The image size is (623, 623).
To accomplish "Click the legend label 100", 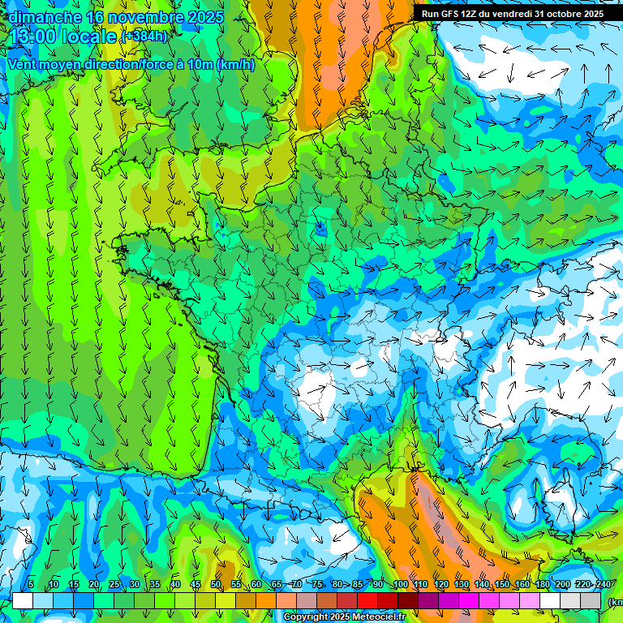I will (400, 585).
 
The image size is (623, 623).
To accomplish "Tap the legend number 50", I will (216, 585).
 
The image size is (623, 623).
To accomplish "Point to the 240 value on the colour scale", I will (603, 585).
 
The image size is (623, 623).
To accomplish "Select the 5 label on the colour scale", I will (31, 585).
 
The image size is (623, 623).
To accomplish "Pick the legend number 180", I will (542, 585).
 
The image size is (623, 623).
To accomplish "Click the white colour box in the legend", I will (23, 600).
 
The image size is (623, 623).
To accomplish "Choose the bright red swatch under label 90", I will (367, 600).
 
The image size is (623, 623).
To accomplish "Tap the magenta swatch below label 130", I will (469, 600).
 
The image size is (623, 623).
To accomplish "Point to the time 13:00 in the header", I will (32, 37).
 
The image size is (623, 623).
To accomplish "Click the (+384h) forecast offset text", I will (144, 37).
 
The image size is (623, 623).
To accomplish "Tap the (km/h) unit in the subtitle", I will (236, 65).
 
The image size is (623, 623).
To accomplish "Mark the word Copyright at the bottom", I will (307, 617).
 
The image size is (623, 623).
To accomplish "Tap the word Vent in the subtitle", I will (22, 65).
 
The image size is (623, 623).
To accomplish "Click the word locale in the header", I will (88, 37).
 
